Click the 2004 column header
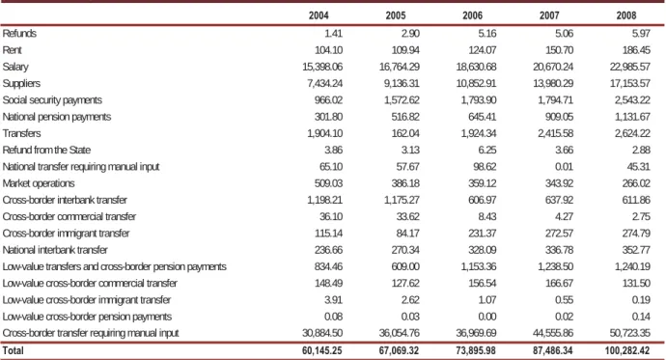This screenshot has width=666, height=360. click(319, 15)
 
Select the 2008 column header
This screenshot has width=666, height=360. click(626, 15)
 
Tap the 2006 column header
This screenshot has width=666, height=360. click(472, 15)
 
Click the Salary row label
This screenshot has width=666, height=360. click(15, 67)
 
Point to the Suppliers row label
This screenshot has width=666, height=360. click(21, 84)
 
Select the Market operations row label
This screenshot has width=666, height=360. click(39, 183)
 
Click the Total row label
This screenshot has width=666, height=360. click(14, 350)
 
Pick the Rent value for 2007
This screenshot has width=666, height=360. click(560, 50)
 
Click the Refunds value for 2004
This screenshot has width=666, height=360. click(333, 34)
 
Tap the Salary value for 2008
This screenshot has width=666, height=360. click(630, 67)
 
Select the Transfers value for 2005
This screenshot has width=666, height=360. click(405, 133)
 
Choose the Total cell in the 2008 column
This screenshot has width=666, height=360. click(627, 350)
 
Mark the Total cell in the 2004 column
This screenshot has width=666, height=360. click(322, 350)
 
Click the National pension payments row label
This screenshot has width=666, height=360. click(57, 117)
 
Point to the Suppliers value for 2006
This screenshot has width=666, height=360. click(476, 83)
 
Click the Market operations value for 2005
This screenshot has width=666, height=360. click(405, 183)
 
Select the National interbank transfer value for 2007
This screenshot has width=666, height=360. click(560, 250)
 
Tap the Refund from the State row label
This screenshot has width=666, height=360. click(46, 151)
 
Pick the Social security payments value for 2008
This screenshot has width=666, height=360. click(632, 100)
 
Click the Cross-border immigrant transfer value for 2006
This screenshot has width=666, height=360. click(483, 234)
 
